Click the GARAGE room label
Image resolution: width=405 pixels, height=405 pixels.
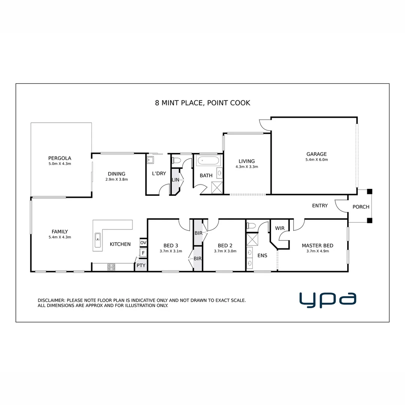coord(316,154)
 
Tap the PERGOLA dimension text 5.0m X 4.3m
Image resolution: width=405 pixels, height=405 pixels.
coord(60,163)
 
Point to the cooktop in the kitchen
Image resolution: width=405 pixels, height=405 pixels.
coord(111,267)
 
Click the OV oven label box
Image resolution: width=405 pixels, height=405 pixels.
coord(143,243)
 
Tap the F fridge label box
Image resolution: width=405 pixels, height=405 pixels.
coord(143,253)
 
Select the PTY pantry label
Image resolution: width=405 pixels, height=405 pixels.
coord(141,265)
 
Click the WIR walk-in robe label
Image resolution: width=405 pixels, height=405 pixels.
coord(280,228)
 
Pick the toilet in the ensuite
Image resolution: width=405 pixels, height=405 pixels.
coord(251,226)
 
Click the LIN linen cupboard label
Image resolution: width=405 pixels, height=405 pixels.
coord(175,180)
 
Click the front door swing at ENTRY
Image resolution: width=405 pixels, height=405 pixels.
coord(340,205)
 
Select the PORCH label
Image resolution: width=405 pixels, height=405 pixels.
coord(361,207)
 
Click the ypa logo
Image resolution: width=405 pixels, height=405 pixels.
coord(327,299)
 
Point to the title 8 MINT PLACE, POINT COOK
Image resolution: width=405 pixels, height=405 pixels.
coord(202,103)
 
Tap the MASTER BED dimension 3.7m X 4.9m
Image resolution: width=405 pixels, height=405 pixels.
coord(317,251)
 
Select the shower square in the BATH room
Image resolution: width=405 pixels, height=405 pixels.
coord(217,187)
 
